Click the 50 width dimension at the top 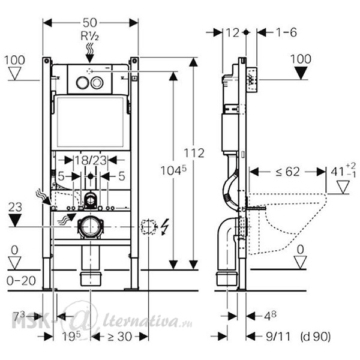[90, 23]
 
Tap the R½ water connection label [90, 36]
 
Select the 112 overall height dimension [194, 153]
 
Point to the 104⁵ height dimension [173, 170]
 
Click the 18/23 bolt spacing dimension [91, 160]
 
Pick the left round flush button [82, 83]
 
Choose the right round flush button [97, 83]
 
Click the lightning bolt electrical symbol [165, 227]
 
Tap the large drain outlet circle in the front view [91, 227]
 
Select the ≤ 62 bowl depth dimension [287, 172]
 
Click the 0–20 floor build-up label [21, 281]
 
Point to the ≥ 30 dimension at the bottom [119, 337]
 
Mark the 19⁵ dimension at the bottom [71, 337]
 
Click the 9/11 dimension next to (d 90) [278, 337]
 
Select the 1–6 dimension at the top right [286, 32]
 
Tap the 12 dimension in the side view [233, 33]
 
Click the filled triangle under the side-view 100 [301, 73]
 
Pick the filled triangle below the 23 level [15, 220]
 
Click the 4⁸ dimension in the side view [270, 316]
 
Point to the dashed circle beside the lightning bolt [149, 227]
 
